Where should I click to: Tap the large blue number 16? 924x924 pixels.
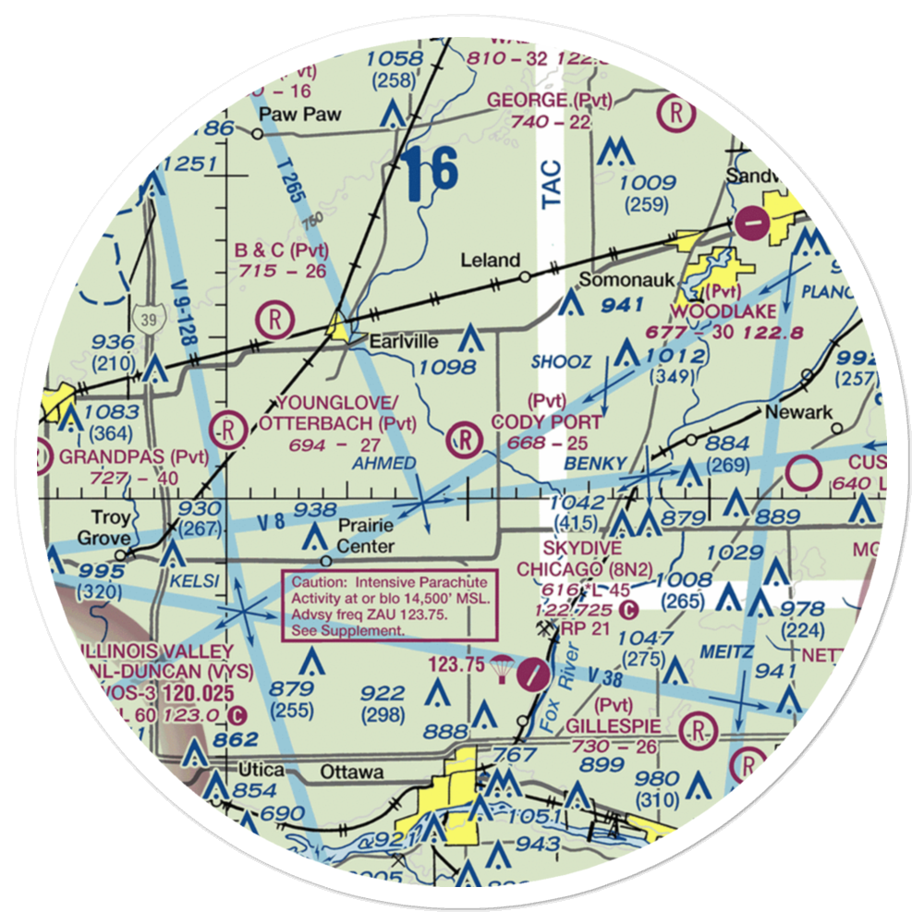tap(430, 173)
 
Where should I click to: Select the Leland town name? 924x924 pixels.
tap(490, 261)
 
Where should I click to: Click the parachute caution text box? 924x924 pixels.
tap(389, 604)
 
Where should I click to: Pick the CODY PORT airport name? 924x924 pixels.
tap(545, 421)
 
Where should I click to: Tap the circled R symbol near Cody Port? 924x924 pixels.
tap(464, 438)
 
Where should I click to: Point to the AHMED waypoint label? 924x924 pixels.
tap(385, 463)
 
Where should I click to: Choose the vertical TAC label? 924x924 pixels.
tap(552, 186)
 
